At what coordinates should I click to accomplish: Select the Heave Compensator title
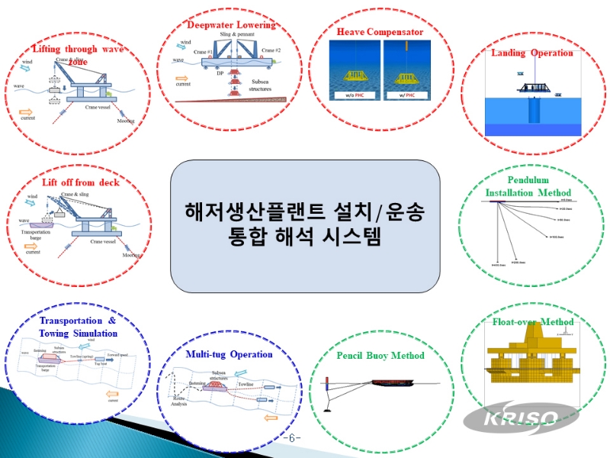380,32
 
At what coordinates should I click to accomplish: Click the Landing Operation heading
531,53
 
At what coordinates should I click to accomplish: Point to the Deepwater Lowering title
231,25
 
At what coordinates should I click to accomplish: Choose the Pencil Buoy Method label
380,355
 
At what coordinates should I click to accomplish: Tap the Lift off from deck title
80,182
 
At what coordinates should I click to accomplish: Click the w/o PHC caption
354,95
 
